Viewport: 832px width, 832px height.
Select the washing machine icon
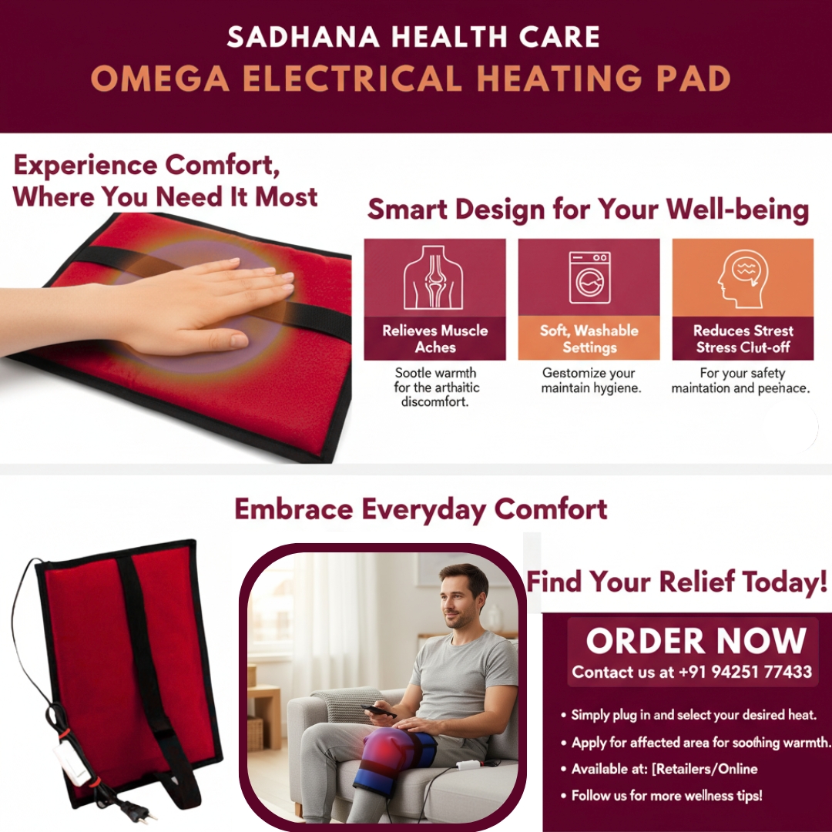589,277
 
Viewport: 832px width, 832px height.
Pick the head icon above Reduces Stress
743,277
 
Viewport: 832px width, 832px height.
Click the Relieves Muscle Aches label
435,339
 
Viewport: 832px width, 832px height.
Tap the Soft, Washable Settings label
589,339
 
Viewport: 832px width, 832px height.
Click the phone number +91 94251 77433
745,672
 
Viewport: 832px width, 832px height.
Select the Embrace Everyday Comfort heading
421,509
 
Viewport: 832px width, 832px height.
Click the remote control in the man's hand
379,711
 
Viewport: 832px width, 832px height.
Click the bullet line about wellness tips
666,795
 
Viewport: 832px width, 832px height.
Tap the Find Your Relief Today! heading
676,581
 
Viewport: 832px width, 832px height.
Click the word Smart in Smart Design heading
408,210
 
